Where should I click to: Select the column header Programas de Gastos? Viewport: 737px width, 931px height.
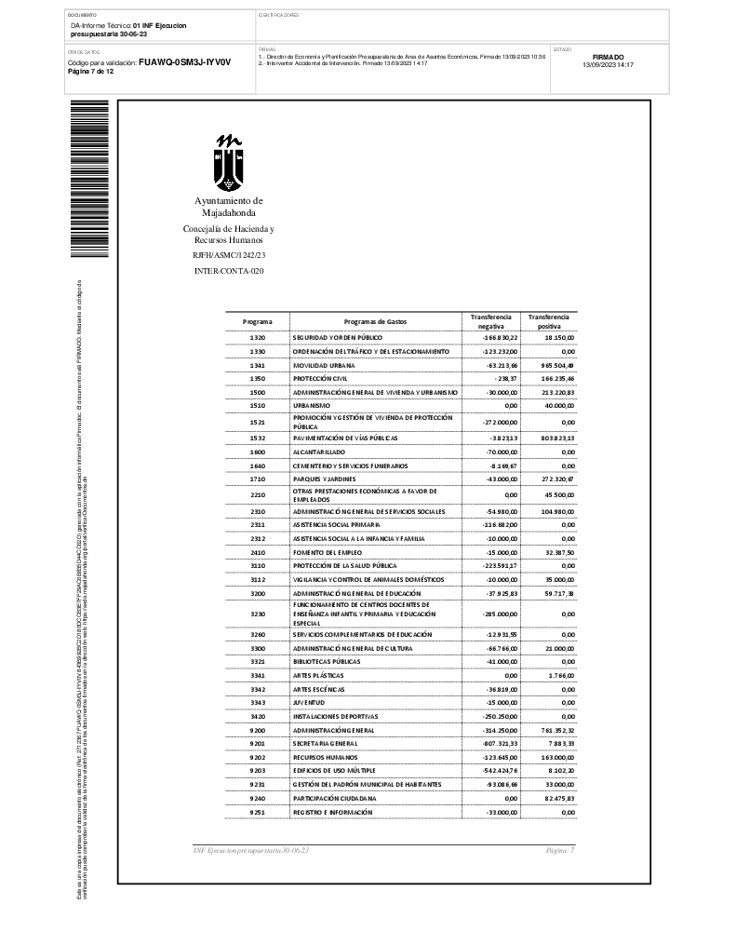pyautogui.click(x=375, y=321)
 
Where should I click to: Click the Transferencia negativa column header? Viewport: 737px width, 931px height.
pyautogui.click(x=490, y=321)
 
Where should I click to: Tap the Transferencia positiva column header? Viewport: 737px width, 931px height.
pyautogui.click(x=549, y=321)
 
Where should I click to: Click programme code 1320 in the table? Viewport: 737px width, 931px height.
pyautogui.click(x=258, y=337)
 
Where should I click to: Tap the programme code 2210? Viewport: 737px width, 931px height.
pyautogui.click(x=258, y=495)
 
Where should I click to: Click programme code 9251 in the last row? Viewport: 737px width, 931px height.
pyautogui.click(x=258, y=813)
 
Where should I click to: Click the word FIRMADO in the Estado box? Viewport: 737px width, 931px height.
pyautogui.click(x=608, y=57)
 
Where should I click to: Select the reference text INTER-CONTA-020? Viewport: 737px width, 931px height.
pyautogui.click(x=228, y=271)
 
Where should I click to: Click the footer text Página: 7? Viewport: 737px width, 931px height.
pyautogui.click(x=560, y=851)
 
